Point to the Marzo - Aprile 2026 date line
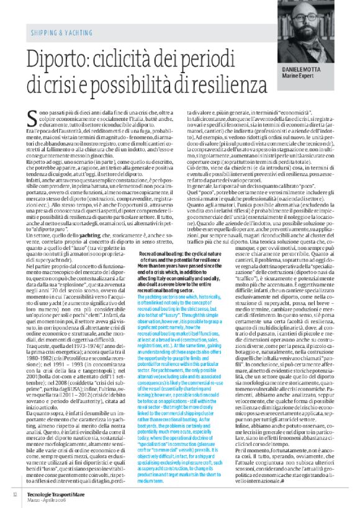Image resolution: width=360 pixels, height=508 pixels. [x=52, y=498]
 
